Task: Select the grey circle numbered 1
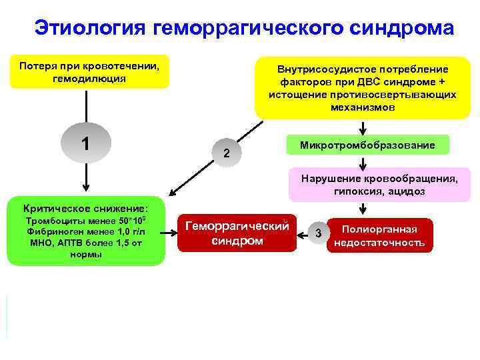(85, 143)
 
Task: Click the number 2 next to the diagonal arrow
(227, 153)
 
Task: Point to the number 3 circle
(319, 233)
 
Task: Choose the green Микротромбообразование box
(367, 145)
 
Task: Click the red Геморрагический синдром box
(237, 233)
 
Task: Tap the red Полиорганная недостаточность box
(379, 235)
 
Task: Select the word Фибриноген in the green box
(47, 231)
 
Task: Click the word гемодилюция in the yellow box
(89, 79)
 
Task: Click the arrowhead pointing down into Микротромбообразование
(363, 131)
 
